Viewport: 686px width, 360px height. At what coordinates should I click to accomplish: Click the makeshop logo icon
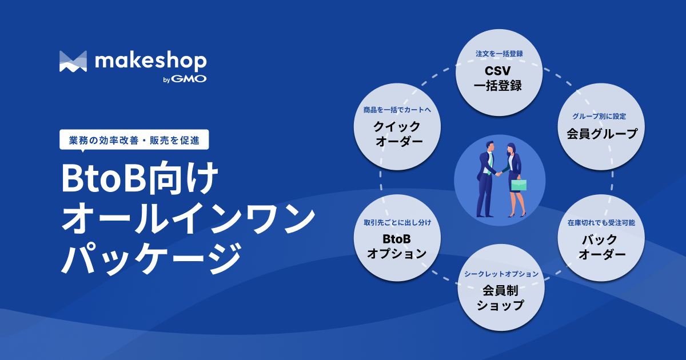point(73,62)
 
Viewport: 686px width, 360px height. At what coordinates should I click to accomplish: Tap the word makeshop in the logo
point(151,61)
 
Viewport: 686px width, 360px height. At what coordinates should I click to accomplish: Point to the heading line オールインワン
point(188,220)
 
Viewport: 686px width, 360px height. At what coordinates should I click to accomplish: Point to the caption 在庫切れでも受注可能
point(601,222)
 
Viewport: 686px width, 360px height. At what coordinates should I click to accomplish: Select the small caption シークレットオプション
point(500,274)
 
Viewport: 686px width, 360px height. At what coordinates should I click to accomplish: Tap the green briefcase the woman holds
point(519,185)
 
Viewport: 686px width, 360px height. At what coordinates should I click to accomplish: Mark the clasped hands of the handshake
point(499,173)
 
